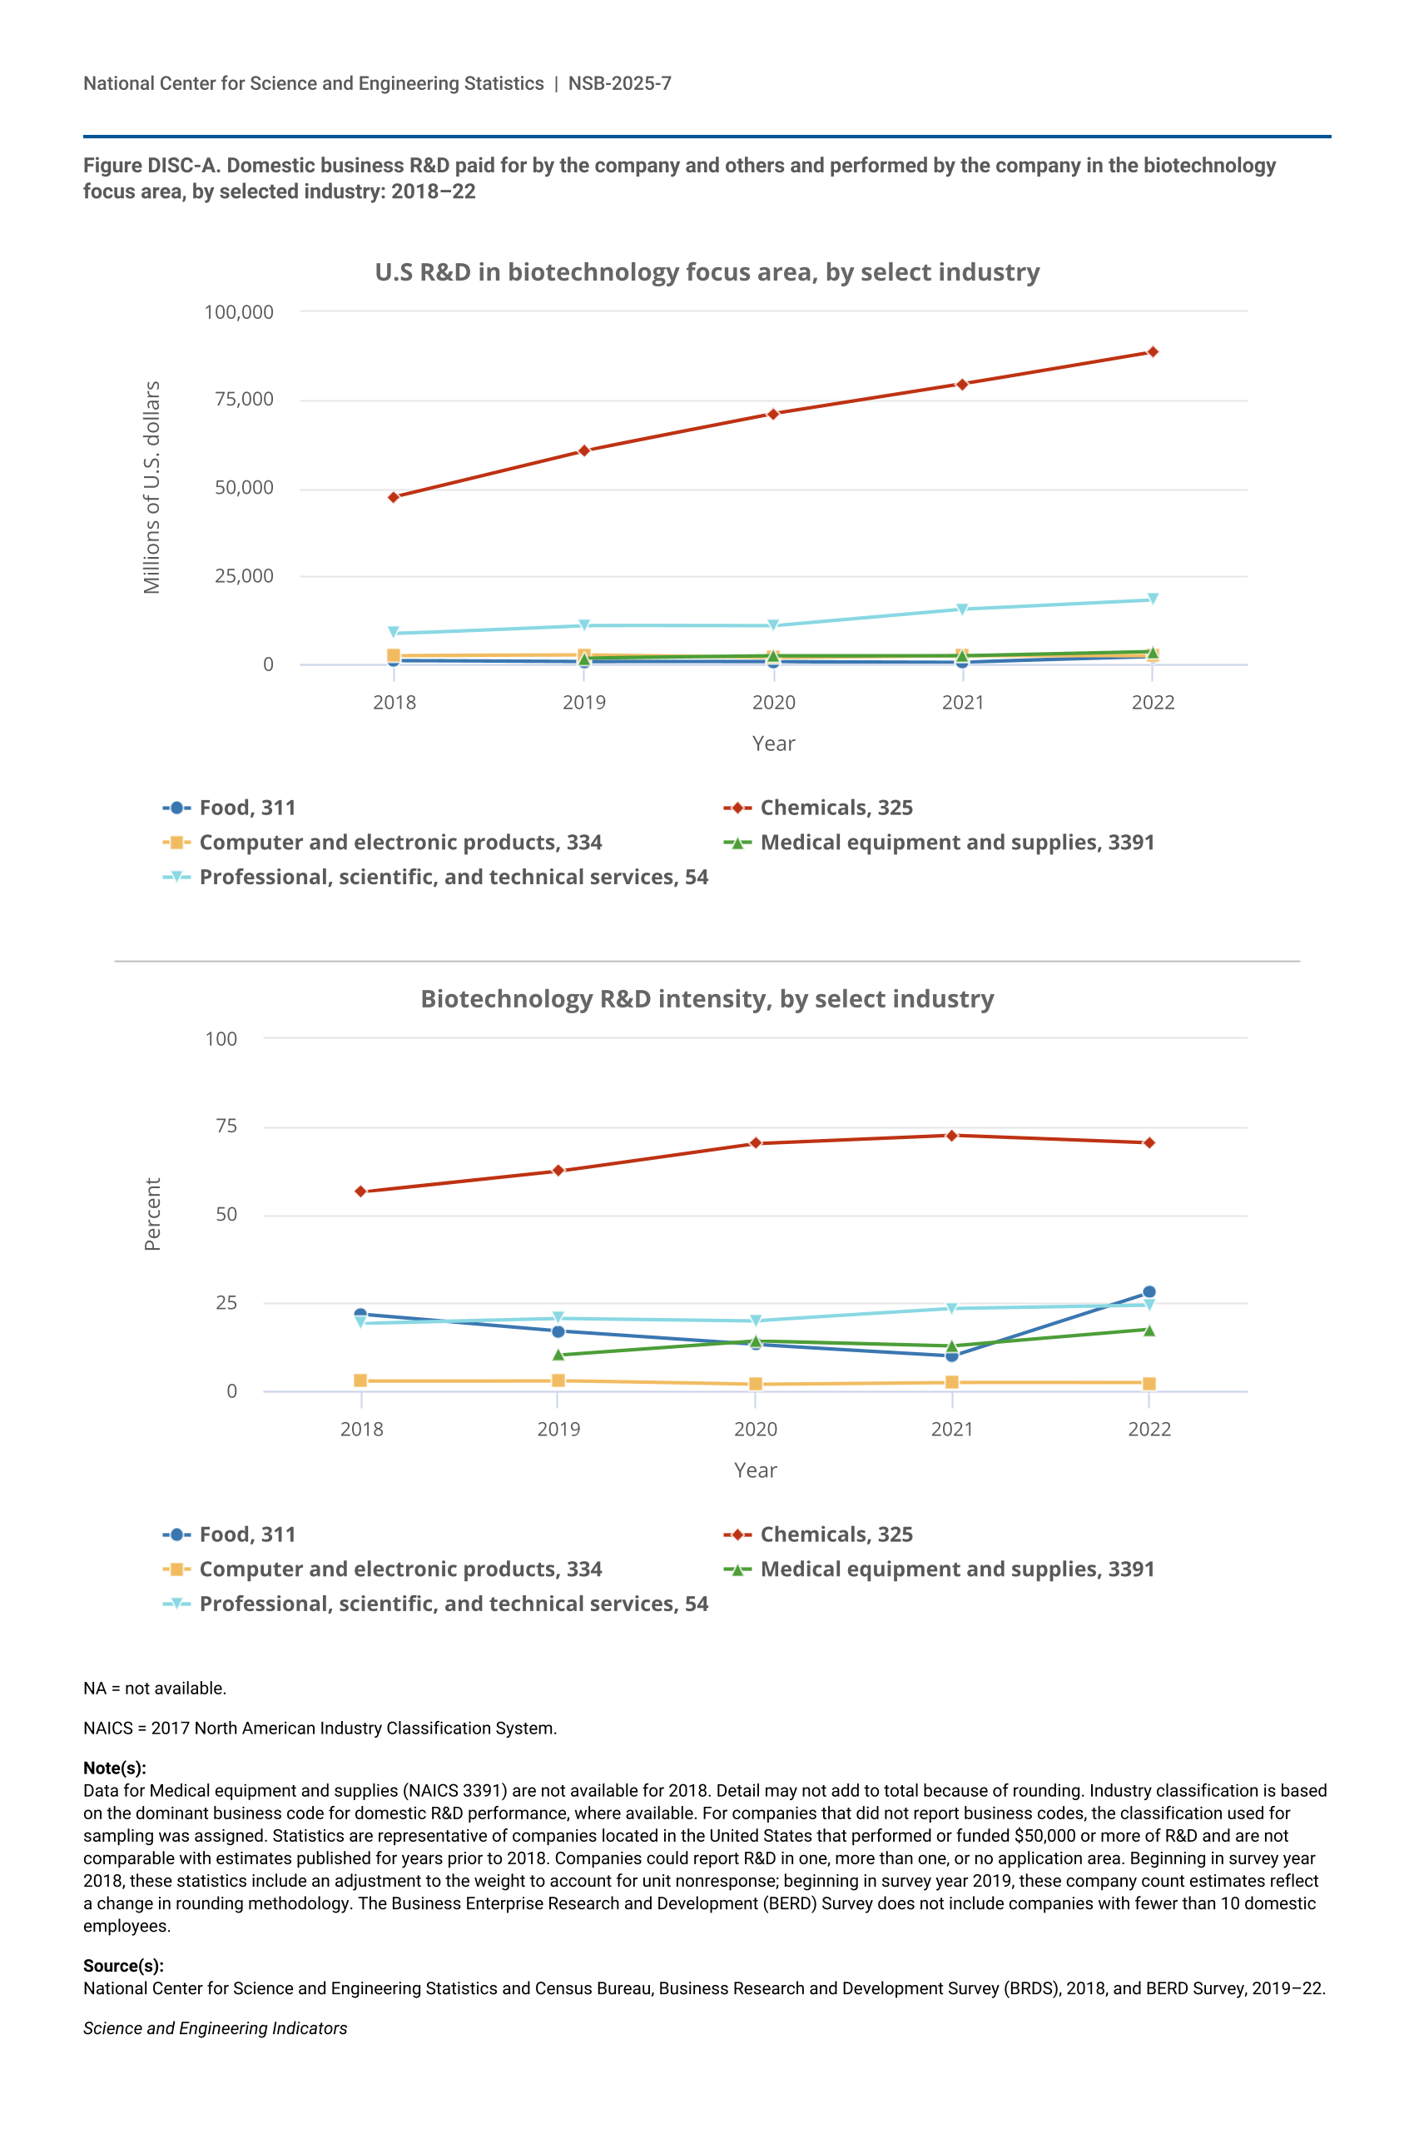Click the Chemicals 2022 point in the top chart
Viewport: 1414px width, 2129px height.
coord(1153,352)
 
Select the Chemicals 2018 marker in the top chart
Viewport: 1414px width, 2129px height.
coord(393,497)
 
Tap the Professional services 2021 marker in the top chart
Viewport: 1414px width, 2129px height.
coord(962,609)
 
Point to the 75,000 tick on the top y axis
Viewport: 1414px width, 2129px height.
coord(244,400)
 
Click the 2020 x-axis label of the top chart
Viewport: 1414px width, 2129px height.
coord(774,703)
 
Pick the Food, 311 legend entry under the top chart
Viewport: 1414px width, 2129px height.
coord(246,808)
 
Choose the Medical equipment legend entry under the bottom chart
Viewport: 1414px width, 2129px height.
coord(956,1569)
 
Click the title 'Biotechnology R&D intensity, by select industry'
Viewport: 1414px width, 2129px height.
coord(707,998)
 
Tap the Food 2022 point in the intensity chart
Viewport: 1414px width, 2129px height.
coord(1149,1292)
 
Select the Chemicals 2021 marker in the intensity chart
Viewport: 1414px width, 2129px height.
coord(951,1136)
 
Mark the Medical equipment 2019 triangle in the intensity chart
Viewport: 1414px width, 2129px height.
coord(558,1354)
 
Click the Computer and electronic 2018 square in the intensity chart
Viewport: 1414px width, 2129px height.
coord(360,1380)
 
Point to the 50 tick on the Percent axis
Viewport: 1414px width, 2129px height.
coord(226,1214)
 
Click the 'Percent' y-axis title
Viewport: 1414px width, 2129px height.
coord(152,1213)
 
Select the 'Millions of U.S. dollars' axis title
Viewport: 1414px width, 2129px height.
coord(151,487)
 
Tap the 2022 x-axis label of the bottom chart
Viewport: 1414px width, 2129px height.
coord(1149,1429)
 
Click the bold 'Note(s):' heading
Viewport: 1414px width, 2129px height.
coord(115,1768)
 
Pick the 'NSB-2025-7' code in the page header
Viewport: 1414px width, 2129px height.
coord(619,84)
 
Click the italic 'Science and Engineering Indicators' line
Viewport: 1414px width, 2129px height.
coord(215,2028)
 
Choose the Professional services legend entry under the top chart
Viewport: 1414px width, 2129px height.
coord(453,877)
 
